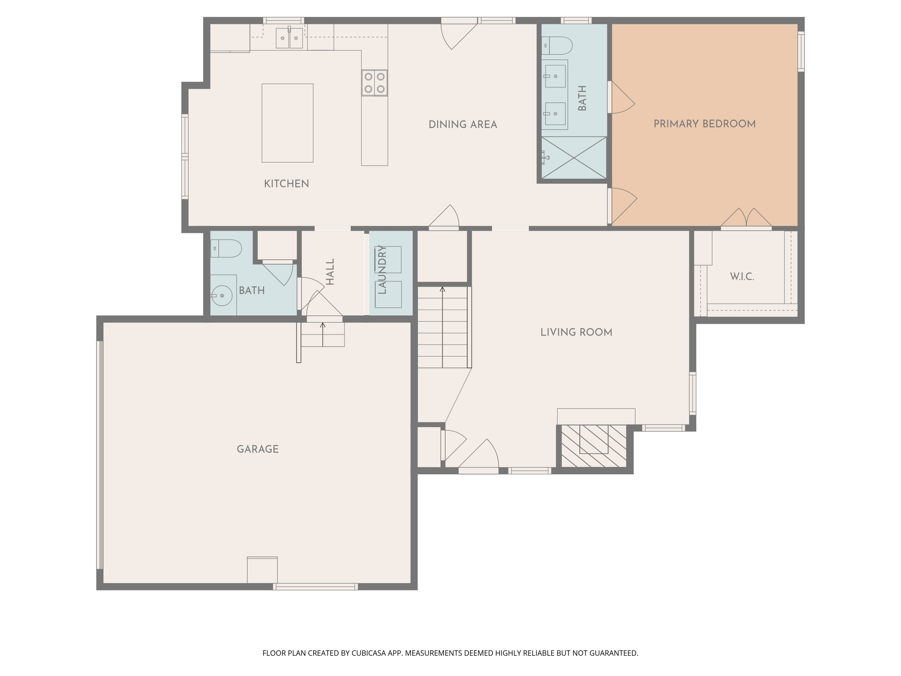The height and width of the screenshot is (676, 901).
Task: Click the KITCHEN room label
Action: pyautogui.click(x=286, y=184)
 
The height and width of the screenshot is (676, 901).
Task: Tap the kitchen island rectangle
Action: pyautogui.click(x=287, y=123)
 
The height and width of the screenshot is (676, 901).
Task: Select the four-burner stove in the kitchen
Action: pyautogui.click(x=374, y=83)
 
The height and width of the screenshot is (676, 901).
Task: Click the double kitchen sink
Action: pyautogui.click(x=289, y=38)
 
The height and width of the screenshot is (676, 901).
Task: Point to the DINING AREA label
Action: pyautogui.click(x=463, y=125)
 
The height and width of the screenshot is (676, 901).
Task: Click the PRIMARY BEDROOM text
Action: pyautogui.click(x=704, y=124)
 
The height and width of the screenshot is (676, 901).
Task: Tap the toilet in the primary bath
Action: pyautogui.click(x=557, y=46)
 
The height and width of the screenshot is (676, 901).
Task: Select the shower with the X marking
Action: pyautogui.click(x=574, y=158)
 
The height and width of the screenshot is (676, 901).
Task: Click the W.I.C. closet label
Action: pyautogui.click(x=742, y=277)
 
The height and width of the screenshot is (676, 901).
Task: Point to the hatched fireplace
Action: pyautogui.click(x=594, y=446)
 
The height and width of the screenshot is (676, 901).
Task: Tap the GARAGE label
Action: pyautogui.click(x=257, y=449)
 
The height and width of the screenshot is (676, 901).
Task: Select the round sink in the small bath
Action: pyautogui.click(x=222, y=295)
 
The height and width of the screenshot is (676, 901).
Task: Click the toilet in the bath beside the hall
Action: pyautogui.click(x=226, y=248)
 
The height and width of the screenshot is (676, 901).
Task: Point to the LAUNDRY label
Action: pyautogui.click(x=382, y=270)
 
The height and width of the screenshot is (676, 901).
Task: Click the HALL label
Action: pyautogui.click(x=330, y=272)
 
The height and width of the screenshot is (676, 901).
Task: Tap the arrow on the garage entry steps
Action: pyautogui.click(x=323, y=326)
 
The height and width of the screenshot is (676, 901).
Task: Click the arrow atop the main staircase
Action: pyautogui.click(x=442, y=290)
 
